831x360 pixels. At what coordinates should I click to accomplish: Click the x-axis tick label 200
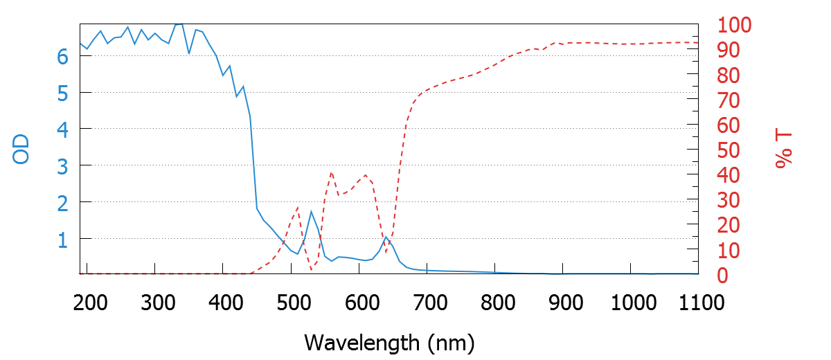click(87, 303)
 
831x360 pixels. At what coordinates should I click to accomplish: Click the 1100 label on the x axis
click(699, 303)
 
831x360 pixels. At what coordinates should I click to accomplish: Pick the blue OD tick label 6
click(63, 56)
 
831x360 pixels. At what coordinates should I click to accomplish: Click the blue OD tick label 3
click(63, 165)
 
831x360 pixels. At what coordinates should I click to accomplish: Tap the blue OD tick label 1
click(63, 239)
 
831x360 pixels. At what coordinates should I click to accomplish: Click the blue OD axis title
click(22, 150)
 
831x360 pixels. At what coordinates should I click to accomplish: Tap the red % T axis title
click(783, 150)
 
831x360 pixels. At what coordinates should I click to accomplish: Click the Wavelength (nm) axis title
click(389, 341)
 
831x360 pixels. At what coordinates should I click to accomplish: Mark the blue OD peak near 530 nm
click(311, 211)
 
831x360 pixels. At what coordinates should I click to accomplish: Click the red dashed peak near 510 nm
click(298, 207)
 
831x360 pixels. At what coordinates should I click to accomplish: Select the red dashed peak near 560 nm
click(331, 172)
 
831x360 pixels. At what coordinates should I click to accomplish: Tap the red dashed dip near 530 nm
click(311, 269)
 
